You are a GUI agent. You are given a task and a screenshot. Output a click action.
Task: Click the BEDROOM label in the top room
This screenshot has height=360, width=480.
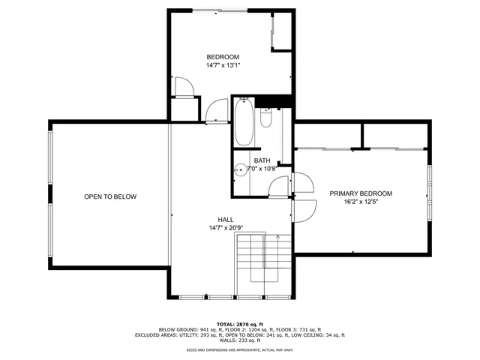pos(223,57)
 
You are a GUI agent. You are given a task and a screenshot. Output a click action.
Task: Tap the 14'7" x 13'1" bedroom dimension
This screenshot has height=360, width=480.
pos(223,66)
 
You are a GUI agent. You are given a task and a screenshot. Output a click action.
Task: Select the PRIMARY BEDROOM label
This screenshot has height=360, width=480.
pos(361,193)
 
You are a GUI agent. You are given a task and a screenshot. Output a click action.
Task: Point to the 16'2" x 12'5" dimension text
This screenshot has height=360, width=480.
pos(361,202)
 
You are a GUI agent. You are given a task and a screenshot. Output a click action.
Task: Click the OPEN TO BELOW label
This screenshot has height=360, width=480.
pos(110,196)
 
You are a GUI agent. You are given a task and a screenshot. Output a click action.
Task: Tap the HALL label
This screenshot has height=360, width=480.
pos(226,220)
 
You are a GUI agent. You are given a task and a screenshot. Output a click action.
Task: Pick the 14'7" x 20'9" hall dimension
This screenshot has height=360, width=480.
pos(226,228)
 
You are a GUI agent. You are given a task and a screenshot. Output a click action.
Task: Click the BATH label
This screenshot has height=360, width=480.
pos(262,160)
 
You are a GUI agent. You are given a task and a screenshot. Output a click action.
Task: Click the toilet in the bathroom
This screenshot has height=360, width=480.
pos(266,118)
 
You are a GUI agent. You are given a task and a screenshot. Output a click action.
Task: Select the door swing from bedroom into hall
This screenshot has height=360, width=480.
pos(217,110)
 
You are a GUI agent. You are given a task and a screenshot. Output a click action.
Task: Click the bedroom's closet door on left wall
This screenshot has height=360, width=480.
pos(184,88)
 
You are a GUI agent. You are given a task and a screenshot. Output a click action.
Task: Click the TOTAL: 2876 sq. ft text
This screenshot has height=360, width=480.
pos(239,323)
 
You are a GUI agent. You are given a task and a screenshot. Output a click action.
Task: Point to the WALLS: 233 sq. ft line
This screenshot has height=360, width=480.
pos(239,340)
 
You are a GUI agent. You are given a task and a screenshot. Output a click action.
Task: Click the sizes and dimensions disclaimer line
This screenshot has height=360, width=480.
pos(239,349)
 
